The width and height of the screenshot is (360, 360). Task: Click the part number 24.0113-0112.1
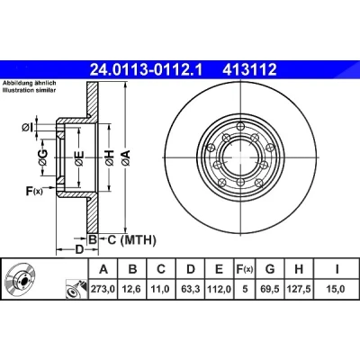pos(147,70)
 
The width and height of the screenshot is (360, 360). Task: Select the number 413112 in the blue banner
pos(249,70)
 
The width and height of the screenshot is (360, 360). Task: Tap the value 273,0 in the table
pos(103,289)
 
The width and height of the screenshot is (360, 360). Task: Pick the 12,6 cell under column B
pos(132,289)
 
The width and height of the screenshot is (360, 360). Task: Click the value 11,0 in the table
pos(161,289)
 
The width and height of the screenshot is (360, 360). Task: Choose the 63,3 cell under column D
pos(191,289)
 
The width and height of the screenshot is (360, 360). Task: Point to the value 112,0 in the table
pos(220,289)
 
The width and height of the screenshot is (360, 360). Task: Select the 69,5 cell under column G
pos(270,289)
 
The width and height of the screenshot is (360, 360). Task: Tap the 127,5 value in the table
pos(299,289)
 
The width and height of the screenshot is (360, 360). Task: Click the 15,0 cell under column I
pos(336,289)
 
